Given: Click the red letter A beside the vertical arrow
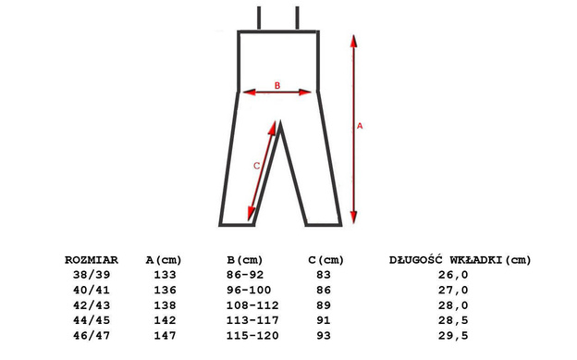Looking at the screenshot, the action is (x=360, y=126).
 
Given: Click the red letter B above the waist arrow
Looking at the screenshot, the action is (x=277, y=85).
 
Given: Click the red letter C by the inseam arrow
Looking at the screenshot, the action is (x=256, y=166).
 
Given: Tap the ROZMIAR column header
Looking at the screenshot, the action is (x=92, y=260).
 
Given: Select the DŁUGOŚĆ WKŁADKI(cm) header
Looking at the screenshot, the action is (x=460, y=260).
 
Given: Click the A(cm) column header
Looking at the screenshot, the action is (x=164, y=260).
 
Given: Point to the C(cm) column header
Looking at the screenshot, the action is (x=326, y=260).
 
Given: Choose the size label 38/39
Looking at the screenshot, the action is (x=92, y=275).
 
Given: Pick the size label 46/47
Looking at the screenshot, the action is (x=92, y=336).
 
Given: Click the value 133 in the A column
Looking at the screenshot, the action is (x=166, y=275).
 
